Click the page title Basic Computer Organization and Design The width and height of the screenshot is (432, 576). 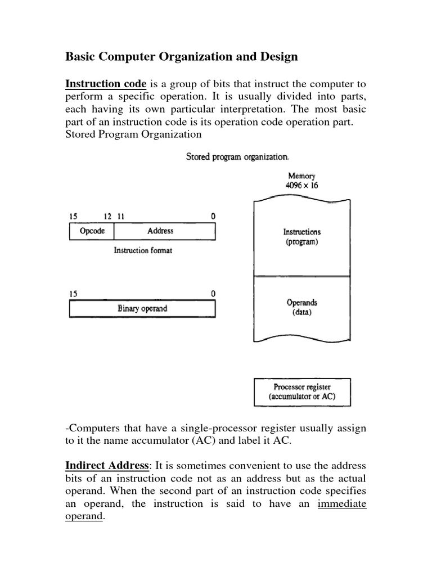point(182,57)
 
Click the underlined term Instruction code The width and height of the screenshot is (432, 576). point(106,84)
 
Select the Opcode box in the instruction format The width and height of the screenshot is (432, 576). point(92,231)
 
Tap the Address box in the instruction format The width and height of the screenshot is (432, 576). point(160,231)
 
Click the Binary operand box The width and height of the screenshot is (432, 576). point(142,308)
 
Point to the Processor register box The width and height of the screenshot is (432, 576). point(302,392)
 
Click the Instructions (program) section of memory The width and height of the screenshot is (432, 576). point(302,236)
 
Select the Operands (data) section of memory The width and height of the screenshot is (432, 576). point(302,307)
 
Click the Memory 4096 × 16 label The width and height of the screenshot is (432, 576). point(302,181)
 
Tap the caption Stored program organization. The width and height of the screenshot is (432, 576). point(238,156)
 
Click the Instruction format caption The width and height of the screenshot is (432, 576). point(143,250)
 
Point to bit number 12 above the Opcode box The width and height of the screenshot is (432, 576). point(108,216)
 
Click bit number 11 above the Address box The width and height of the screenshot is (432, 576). point(119,216)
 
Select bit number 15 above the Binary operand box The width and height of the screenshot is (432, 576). point(73,293)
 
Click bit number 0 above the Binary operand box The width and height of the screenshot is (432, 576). point(213,293)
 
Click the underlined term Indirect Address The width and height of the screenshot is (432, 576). point(107,466)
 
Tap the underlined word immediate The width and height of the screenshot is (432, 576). point(341,503)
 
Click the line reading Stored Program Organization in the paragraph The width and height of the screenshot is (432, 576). point(134,134)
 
